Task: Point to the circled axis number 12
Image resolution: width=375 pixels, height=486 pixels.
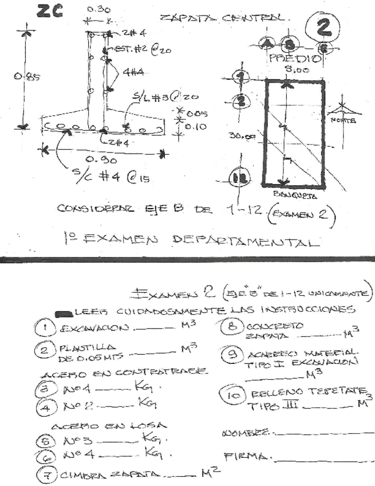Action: [x=238, y=178]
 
